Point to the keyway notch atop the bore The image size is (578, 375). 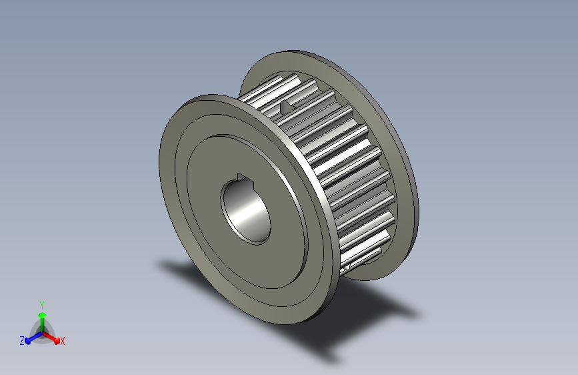[243, 177]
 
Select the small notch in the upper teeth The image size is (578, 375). [288, 105]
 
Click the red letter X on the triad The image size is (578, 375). [63, 341]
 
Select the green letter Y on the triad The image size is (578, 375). [42, 304]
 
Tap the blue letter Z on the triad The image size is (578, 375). [22, 340]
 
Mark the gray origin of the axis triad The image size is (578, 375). [42, 330]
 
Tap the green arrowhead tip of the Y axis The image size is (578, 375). [42, 310]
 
